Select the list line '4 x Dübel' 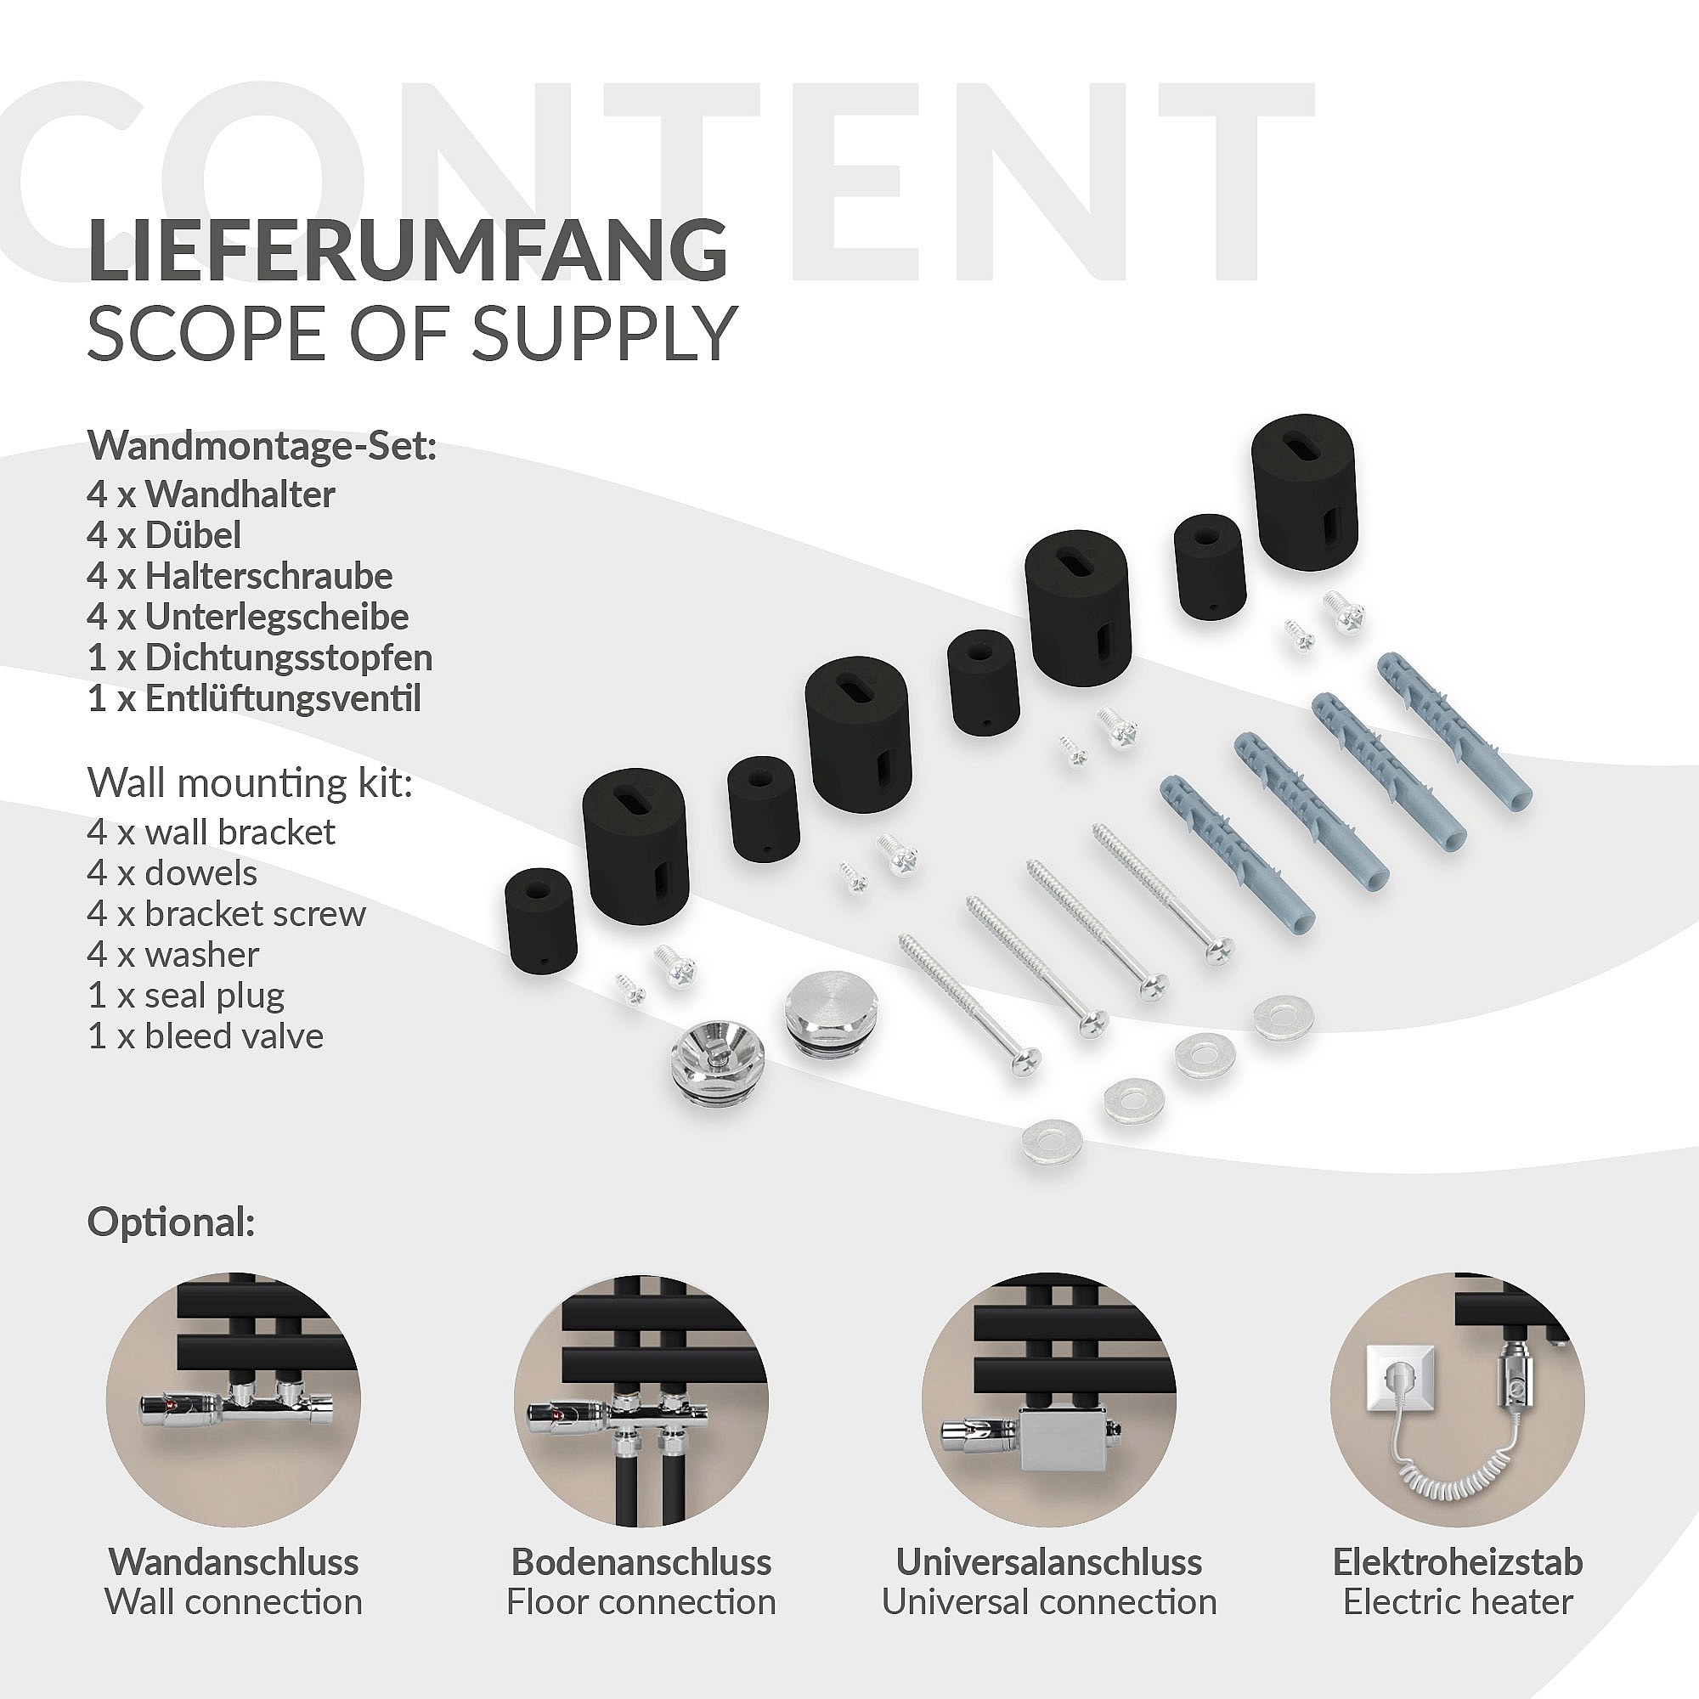click(x=164, y=534)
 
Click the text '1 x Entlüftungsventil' click(x=254, y=698)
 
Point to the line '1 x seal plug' click(x=186, y=996)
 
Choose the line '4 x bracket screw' click(x=226, y=914)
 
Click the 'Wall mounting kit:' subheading click(x=250, y=783)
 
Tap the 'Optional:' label click(x=172, y=1223)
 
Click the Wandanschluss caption click(x=234, y=1562)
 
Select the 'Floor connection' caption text click(x=641, y=1601)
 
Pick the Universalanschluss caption click(x=1049, y=1562)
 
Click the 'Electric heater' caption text click(x=1458, y=1601)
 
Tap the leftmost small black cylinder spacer click(x=541, y=921)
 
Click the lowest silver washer click(x=1052, y=1145)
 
